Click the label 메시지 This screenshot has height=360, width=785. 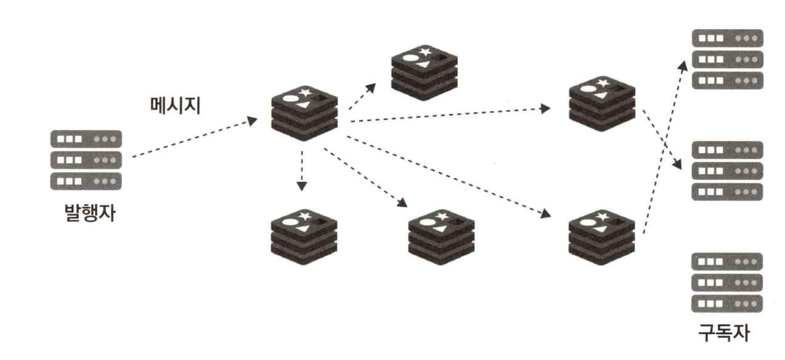click(x=176, y=105)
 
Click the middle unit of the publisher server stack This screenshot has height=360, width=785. click(x=86, y=160)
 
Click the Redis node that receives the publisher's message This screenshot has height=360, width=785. click(x=304, y=113)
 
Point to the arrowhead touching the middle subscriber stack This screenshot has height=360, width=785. click(x=679, y=165)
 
